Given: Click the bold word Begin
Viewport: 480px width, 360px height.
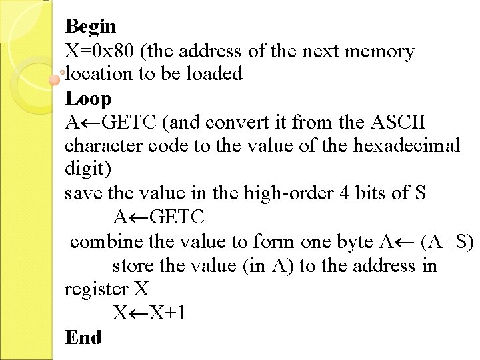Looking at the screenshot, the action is [x=91, y=27].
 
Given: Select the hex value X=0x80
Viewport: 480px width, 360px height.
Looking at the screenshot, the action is [x=98, y=51].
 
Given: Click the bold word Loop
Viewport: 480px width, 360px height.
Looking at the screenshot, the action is [x=88, y=99].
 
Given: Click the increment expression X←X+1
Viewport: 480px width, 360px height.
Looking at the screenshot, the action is [x=149, y=313].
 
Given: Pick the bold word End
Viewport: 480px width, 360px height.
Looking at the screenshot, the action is [x=83, y=338].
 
